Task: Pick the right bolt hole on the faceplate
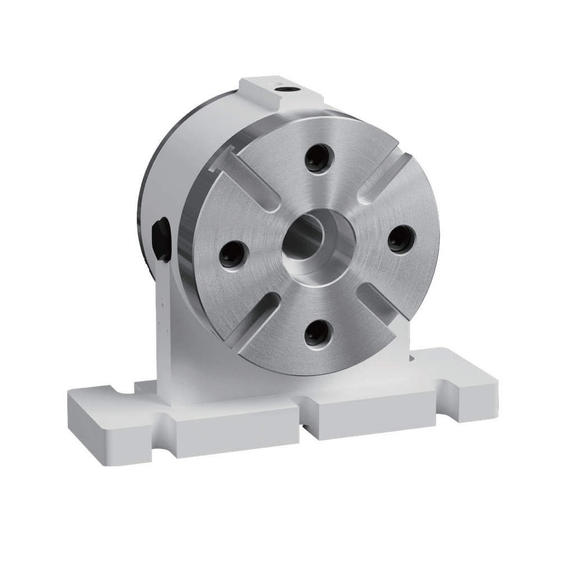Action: tap(401, 240)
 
